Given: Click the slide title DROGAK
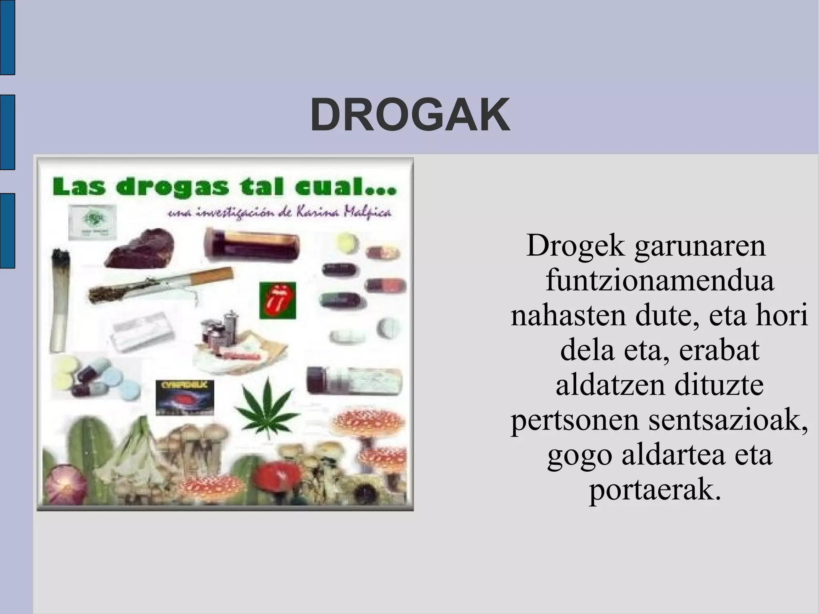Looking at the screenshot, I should [x=410, y=115].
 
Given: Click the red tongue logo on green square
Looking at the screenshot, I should [x=278, y=300].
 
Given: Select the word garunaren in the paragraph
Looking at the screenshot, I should [x=700, y=246].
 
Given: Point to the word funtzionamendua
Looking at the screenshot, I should [x=660, y=280].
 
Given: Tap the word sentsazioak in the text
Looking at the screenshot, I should [x=728, y=420].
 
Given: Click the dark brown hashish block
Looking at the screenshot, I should [x=140, y=250].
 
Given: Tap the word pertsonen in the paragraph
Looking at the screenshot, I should [x=574, y=421].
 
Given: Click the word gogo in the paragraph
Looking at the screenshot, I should [x=579, y=456].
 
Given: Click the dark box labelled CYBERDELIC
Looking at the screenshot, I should [x=184, y=398].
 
